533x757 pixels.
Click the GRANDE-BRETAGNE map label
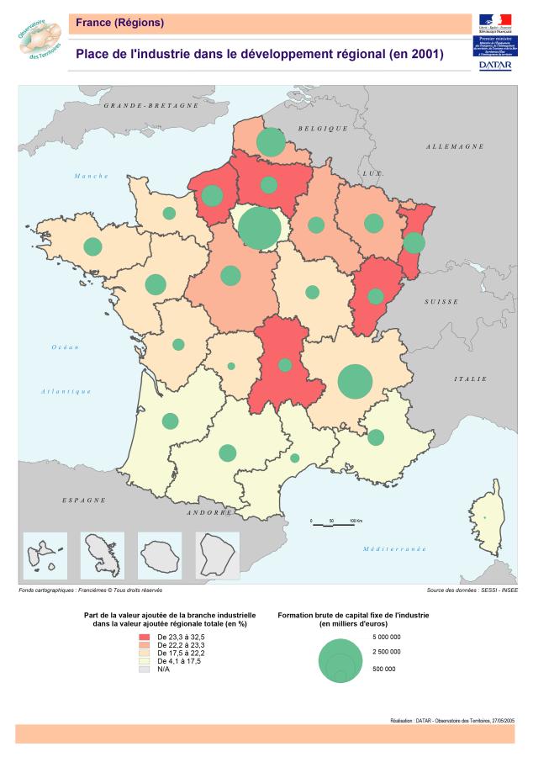[x=150, y=107]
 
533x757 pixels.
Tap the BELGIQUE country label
[x=323, y=128]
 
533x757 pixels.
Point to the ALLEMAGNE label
[x=455, y=146]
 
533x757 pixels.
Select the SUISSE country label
[x=441, y=301]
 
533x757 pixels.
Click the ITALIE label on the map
[x=471, y=379]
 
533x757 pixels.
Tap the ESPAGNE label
[x=84, y=500]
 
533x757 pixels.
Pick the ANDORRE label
[x=208, y=512]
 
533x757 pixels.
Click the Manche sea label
[x=92, y=176]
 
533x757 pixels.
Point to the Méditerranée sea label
[x=394, y=548]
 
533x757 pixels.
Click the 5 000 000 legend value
[x=386, y=637]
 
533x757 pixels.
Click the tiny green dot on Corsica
[x=484, y=516]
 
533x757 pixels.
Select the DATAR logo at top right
[x=496, y=64]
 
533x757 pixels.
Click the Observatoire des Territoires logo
[x=39, y=40]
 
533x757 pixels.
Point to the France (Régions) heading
[x=120, y=23]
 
